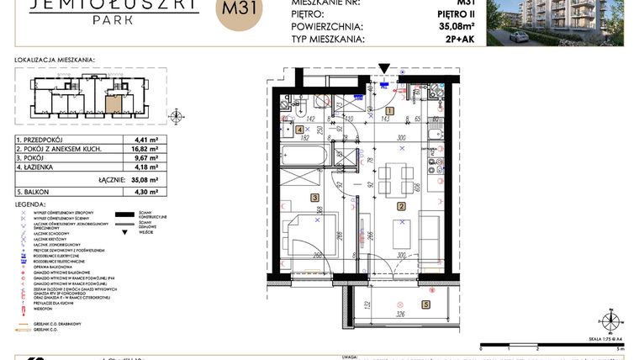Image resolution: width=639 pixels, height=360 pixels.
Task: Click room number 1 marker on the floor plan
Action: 389,110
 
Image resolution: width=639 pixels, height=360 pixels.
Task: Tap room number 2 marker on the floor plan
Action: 401,206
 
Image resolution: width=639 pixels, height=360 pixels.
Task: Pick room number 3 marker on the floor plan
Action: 315,198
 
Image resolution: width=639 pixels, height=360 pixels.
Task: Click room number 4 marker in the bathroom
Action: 300,130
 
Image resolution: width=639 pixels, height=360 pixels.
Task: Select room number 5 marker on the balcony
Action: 425,304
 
